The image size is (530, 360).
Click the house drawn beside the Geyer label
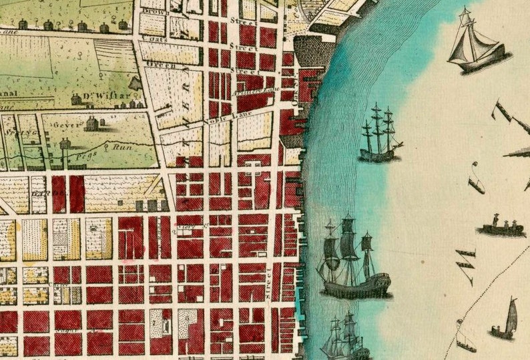point(92,124)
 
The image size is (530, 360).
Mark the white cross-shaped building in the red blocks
point(254,168)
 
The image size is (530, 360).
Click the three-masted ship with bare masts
point(379,135)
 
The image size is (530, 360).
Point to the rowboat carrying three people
point(501,226)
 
